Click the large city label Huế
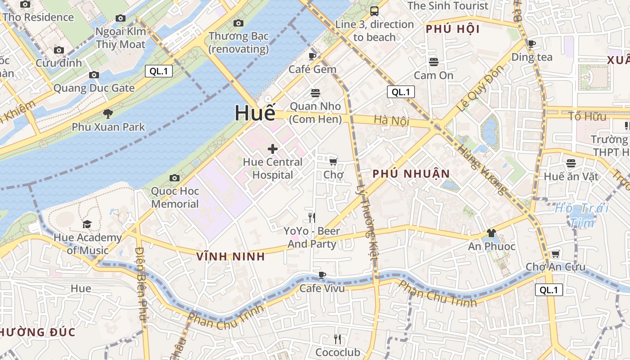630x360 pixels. tap(255, 113)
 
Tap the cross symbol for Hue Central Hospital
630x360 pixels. tap(273, 149)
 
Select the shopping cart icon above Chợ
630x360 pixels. tap(333, 162)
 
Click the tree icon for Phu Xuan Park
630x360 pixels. tap(108, 113)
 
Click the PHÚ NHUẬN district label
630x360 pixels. tap(411, 174)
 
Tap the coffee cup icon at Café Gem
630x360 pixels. tap(312, 56)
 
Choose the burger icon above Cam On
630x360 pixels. tap(434, 62)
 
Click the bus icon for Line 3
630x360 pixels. tap(374, 11)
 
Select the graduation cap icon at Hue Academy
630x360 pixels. tap(87, 224)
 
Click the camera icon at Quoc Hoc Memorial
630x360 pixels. tap(175, 178)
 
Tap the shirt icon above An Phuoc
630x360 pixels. tap(491, 233)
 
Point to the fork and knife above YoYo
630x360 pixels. tap(312, 218)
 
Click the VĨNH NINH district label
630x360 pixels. tap(230, 256)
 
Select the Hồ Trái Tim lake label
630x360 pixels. tap(581, 215)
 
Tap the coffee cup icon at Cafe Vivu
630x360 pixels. tap(322, 275)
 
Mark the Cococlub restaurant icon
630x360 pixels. tap(337, 339)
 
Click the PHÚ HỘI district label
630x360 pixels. tap(453, 29)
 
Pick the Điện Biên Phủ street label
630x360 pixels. tap(141, 283)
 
